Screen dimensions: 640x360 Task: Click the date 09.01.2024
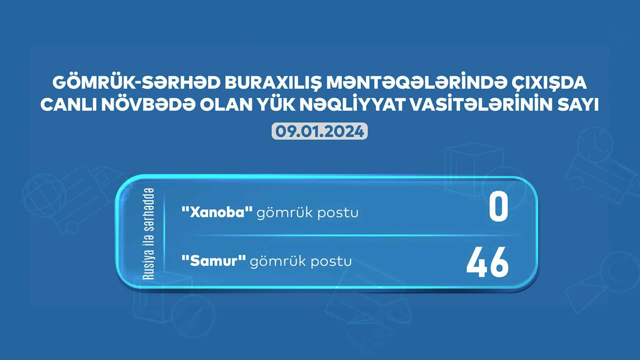point(320,132)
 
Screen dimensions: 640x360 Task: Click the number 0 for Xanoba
point(499,208)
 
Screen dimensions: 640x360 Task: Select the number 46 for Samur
point(487,263)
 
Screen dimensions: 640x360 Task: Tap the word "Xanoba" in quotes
point(217,212)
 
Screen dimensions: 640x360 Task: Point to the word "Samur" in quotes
point(214,261)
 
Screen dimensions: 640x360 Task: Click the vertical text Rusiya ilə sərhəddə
point(149,234)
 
